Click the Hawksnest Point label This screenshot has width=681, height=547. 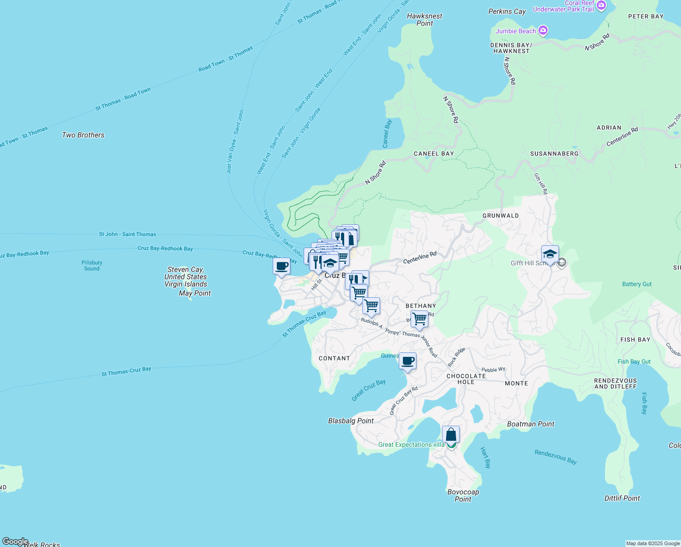click(424, 20)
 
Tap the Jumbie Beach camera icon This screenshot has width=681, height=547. click(543, 31)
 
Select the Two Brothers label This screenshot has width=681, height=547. click(83, 135)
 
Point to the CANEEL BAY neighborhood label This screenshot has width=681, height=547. click(434, 154)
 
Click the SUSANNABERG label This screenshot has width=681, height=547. click(554, 154)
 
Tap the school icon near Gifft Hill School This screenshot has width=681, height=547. click(550, 254)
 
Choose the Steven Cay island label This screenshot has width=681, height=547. click(186, 277)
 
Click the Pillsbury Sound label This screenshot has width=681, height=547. click(91, 265)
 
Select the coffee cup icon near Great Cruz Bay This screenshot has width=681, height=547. click(407, 361)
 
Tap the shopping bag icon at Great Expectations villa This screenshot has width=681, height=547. click(451, 434)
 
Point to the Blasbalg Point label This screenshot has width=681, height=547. click(351, 421)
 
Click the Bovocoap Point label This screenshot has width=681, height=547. click(463, 495)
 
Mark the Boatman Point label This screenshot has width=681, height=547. click(530, 424)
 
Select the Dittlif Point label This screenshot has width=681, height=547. click(622, 498)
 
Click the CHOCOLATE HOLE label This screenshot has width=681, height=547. click(466, 379)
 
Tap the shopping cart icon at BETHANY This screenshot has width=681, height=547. click(419, 319)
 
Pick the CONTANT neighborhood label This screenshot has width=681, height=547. click(334, 358)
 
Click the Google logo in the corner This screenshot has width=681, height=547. click(15, 542)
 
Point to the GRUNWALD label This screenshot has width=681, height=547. click(500, 216)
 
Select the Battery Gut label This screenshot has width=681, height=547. click(636, 284)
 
